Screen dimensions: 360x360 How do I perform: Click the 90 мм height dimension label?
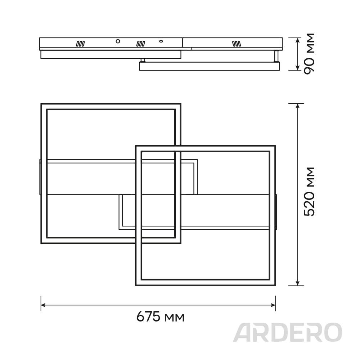pyautogui.click(x=309, y=54)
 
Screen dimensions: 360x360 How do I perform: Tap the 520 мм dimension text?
pyautogui.click(x=309, y=192)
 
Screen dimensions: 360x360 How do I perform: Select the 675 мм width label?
pyautogui.click(x=161, y=317)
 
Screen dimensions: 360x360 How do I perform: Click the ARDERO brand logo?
pyautogui.click(x=287, y=332)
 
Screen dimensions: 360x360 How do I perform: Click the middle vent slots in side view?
pyautogui.click(x=140, y=44)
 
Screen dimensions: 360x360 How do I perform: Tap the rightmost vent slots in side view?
pyautogui.click(x=236, y=44)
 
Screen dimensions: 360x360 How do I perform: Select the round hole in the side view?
pyautogui.click(x=118, y=41)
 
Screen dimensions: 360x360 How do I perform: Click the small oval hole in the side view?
pyautogui.click(x=161, y=41)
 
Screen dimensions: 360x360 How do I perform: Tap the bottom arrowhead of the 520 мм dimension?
pyautogui.click(x=297, y=283)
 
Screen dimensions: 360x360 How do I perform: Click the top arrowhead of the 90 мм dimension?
pyautogui.click(x=297, y=40)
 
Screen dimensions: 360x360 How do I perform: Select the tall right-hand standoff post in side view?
pyautogui.click(x=276, y=56)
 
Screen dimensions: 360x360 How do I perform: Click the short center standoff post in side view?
pyautogui.click(x=143, y=60)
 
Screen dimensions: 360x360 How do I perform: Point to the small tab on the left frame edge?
pyautogui.click(x=40, y=177)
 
